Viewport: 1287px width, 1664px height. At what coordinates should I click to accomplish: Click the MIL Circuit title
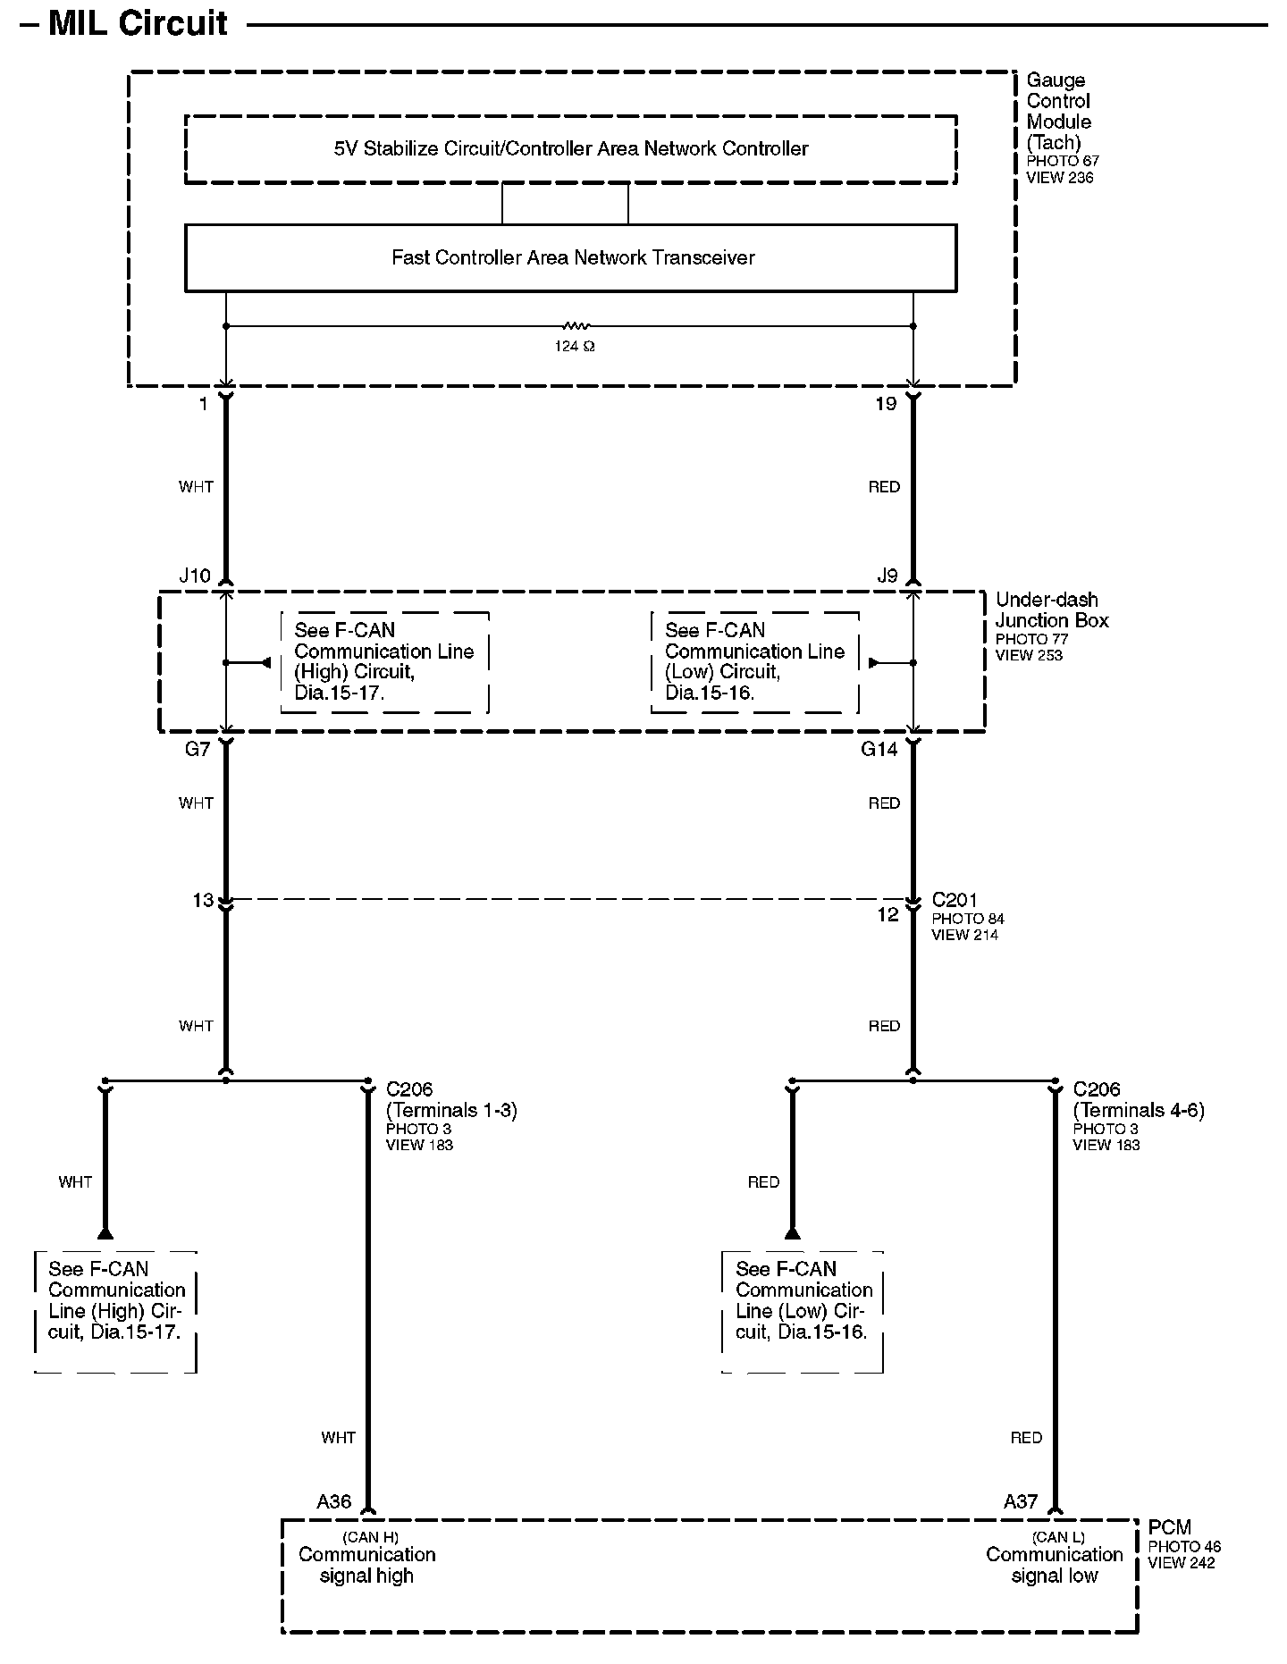tap(138, 24)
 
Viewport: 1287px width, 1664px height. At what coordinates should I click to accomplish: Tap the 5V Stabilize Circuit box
tap(570, 149)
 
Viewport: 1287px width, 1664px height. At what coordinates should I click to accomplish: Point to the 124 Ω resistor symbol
tap(575, 327)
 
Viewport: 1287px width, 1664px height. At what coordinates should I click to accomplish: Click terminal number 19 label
tap(885, 404)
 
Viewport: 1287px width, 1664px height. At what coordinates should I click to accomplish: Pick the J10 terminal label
tap(195, 576)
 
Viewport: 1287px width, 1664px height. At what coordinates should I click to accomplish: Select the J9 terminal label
tap(887, 576)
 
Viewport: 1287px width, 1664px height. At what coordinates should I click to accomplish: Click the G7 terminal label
tap(198, 749)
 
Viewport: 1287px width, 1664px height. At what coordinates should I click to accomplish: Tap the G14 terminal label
tap(879, 749)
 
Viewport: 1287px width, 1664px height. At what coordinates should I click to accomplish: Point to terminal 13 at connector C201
tap(204, 900)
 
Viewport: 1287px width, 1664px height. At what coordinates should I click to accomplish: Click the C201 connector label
tap(955, 900)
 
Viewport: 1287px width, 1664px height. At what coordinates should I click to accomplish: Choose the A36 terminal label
tap(333, 1501)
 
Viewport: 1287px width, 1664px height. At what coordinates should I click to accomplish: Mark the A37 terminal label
tap(1020, 1501)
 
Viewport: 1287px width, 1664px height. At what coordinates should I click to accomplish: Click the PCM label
tap(1169, 1527)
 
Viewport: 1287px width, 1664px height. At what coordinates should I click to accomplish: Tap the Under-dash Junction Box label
tap(1051, 610)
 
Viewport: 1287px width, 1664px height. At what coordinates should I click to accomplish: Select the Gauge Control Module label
tap(1059, 111)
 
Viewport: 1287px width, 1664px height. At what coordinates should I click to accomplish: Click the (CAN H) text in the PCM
tap(370, 1537)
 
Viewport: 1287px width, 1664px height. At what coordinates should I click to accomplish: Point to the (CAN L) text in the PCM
tap(1057, 1537)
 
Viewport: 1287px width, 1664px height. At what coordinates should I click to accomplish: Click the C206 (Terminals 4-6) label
tap(1138, 1100)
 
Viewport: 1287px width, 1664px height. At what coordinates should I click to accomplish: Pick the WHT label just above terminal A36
tap(338, 1438)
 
